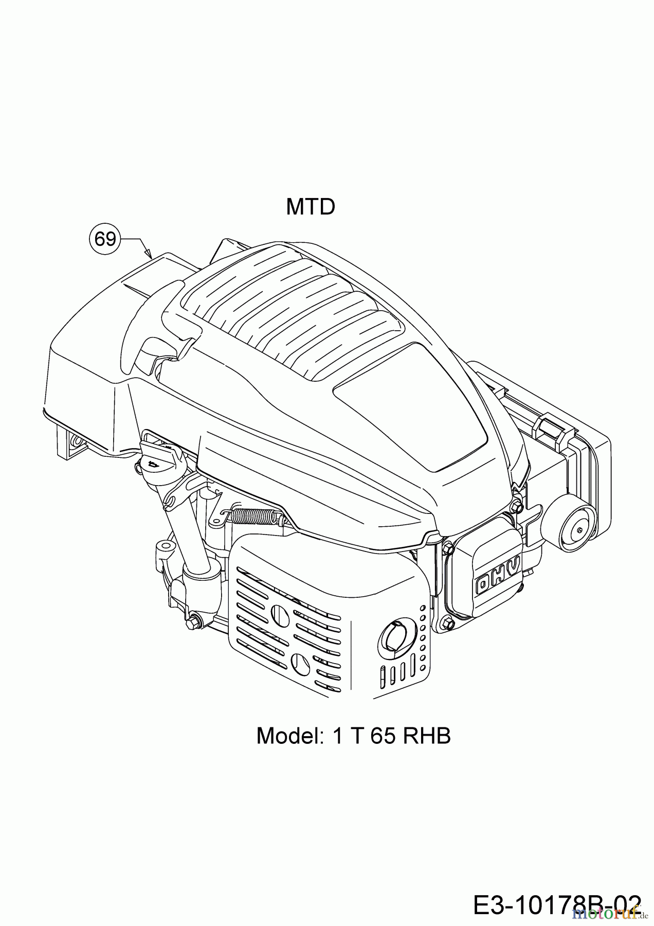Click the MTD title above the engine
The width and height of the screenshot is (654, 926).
[311, 207]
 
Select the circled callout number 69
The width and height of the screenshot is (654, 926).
[105, 239]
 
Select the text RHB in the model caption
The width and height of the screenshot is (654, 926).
[427, 736]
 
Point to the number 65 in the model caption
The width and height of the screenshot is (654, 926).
[382, 736]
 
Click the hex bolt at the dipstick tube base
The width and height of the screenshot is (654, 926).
[194, 622]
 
